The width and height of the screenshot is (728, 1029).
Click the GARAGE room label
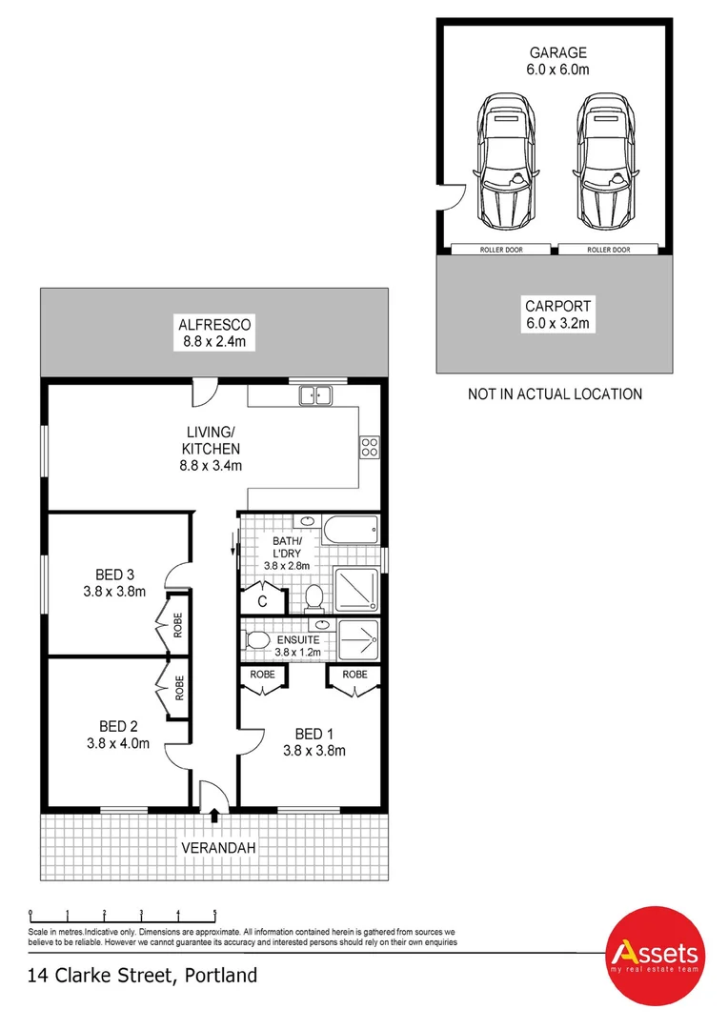[x=557, y=52]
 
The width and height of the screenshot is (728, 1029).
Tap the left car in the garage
[x=505, y=161]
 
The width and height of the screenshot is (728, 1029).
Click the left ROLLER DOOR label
[x=501, y=250]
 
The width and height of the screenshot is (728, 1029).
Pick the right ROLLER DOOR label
[x=609, y=250]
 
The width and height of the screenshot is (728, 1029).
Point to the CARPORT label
[x=558, y=306]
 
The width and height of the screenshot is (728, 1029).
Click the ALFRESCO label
[x=214, y=324]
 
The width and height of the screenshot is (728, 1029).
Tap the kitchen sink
[x=315, y=395]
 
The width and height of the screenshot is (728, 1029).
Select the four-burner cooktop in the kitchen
[x=370, y=447]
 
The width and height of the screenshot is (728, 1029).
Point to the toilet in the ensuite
[x=256, y=640]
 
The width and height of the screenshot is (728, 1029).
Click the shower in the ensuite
[x=357, y=640]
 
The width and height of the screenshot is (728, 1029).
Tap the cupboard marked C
[x=263, y=597]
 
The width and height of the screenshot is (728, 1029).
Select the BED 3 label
[x=115, y=575]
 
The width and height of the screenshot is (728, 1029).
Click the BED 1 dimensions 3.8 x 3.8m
[x=314, y=751]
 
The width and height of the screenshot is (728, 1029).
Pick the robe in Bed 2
[x=172, y=688]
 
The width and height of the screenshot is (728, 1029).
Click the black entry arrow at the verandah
[x=214, y=816]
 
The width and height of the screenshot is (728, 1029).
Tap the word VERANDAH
[x=218, y=848]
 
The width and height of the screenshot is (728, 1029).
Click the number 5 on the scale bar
[x=214, y=912]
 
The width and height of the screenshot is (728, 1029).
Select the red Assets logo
[x=655, y=956]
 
